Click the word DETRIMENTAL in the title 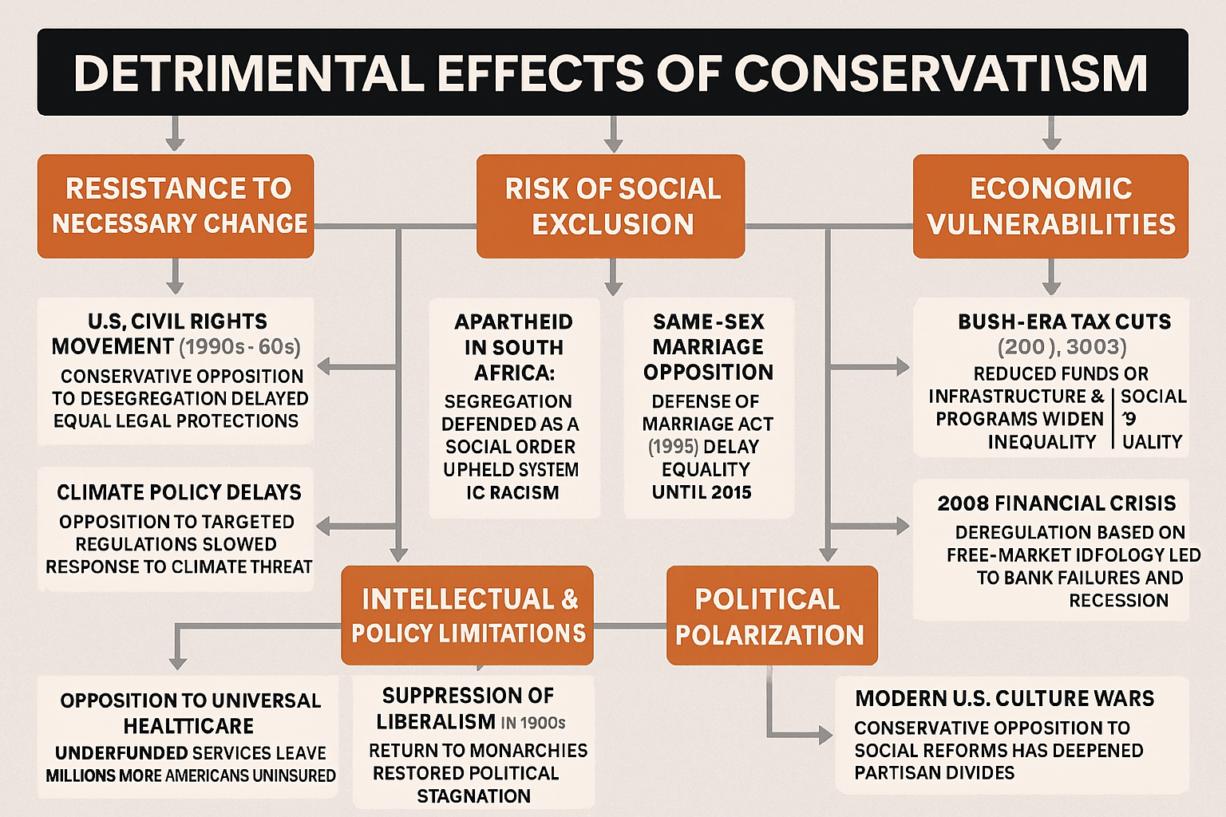[248, 73]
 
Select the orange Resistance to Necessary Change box [176, 206]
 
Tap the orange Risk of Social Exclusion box [611, 206]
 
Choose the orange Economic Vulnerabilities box [1050, 206]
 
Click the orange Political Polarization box [771, 616]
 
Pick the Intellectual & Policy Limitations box [468, 615]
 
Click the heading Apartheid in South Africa [513, 347]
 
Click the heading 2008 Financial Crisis [1056, 503]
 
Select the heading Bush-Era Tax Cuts [1064, 322]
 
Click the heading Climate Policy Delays [179, 492]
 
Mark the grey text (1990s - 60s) [239, 347]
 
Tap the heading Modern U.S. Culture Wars [1004, 699]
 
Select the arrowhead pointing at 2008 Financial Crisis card [902, 526]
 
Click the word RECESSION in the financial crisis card [1118, 601]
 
